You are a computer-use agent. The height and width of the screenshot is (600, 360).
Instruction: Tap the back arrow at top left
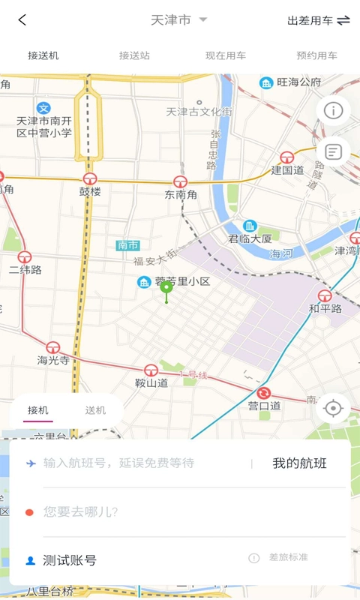pos(22,20)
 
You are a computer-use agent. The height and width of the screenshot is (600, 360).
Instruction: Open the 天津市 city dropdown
pos(178,20)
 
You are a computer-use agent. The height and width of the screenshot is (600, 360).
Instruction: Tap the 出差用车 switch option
pos(318,20)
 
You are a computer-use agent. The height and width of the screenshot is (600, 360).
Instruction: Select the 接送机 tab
pos(43,55)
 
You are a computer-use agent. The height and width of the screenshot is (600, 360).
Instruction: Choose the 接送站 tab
pos(134,55)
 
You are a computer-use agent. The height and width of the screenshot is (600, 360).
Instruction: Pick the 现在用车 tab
pos(226,55)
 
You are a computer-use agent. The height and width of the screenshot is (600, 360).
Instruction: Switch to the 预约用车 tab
pos(316,55)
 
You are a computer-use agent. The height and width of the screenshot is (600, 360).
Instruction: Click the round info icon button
pos(332,110)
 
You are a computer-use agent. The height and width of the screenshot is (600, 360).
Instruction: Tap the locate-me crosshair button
pos(334,408)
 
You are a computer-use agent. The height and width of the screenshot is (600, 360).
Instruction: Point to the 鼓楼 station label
pos(90,191)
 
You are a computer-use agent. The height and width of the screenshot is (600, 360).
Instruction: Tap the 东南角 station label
pos(181,194)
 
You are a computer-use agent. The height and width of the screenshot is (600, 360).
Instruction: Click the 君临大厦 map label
pos(250,238)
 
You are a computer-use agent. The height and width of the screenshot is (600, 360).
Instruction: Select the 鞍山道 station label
pos(151,382)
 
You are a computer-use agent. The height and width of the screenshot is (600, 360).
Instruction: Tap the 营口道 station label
pos(264,405)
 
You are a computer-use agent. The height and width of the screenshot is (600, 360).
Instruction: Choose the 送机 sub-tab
pos(95,410)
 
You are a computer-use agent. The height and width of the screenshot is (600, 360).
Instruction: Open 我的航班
pos(299,463)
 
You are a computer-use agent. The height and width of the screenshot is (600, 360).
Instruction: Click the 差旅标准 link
pos(288,557)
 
